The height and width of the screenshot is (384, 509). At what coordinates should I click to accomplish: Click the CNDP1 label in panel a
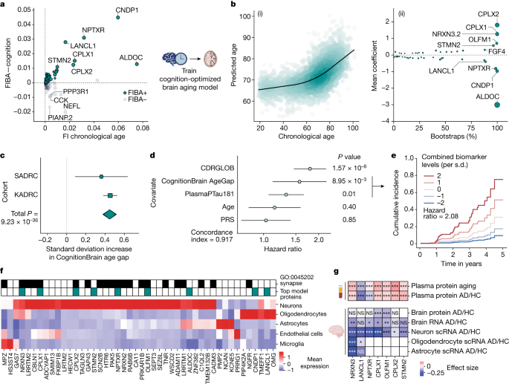point(130,13)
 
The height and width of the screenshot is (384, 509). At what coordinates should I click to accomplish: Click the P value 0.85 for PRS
point(346,219)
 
